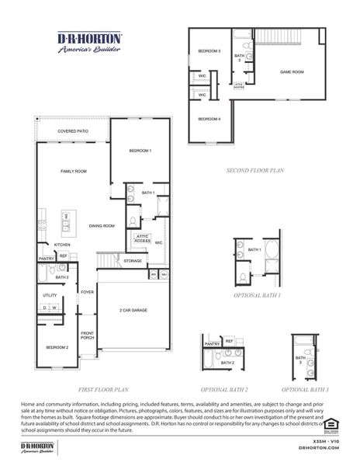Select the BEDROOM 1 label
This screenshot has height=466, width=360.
coord(140,150)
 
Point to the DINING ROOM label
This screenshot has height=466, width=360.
coord(102,226)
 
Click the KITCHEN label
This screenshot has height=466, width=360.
coord(51,245)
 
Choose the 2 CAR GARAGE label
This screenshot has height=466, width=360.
coord(133,310)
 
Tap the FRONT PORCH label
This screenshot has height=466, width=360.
coord(87,336)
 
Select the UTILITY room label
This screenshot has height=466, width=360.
coord(50,296)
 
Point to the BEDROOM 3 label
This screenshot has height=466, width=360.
coord(209,51)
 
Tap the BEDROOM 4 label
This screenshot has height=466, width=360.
coord(209,119)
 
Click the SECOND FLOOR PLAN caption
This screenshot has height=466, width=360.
coord(256,169)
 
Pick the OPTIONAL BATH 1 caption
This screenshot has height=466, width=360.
coord(257,296)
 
